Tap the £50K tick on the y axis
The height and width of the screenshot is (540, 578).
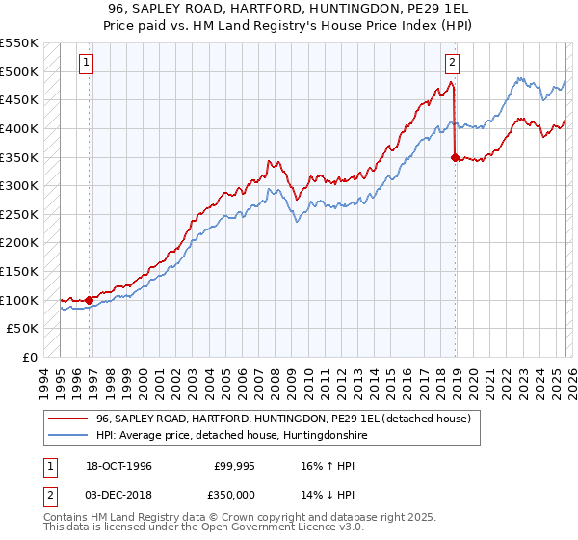tap(23, 329)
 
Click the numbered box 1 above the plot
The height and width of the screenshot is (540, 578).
tap(86, 64)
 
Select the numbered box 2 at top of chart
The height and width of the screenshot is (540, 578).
tap(451, 64)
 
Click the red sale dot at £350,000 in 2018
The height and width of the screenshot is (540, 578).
tap(454, 157)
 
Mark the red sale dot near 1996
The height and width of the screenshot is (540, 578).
tap(90, 300)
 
